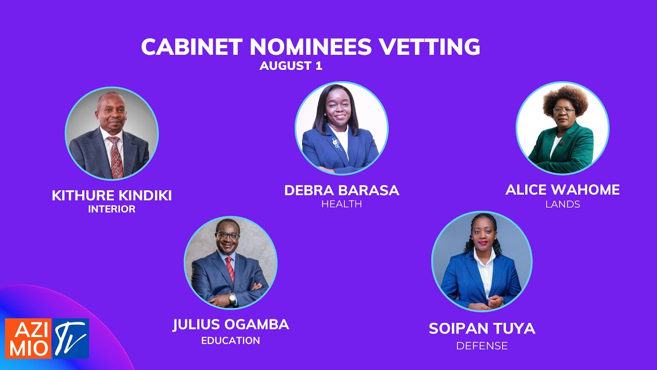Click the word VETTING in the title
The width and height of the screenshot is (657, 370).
(x=430, y=47)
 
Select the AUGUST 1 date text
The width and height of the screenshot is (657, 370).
(x=291, y=66)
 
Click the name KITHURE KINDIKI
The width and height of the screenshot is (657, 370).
(x=111, y=196)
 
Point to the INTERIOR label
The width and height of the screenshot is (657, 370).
(x=111, y=209)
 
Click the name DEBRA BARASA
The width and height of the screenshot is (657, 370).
(x=341, y=191)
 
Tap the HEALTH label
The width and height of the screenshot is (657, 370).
(x=341, y=204)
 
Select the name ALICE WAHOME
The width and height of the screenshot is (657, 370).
(x=563, y=190)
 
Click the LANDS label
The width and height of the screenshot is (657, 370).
(x=563, y=204)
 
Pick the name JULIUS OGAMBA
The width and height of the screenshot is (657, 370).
(x=230, y=325)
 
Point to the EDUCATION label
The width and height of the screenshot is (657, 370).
(x=230, y=341)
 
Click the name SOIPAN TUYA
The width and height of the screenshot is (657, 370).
(x=482, y=329)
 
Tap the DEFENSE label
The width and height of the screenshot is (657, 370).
(x=482, y=346)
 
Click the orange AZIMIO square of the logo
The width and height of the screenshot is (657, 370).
(x=28, y=338)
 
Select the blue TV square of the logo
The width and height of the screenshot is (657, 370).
(x=71, y=338)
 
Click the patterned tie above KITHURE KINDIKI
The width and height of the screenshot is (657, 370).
(x=116, y=157)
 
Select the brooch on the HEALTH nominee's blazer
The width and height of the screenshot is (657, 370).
(x=336, y=142)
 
